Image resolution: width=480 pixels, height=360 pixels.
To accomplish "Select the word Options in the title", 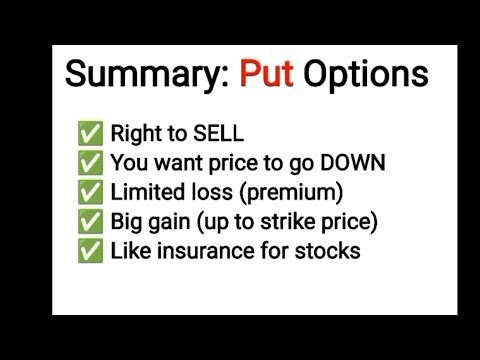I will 367,75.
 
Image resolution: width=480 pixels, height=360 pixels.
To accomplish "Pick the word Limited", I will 145,192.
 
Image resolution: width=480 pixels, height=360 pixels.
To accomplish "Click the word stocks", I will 325,250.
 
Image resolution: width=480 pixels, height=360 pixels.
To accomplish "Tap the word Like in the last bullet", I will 132,250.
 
